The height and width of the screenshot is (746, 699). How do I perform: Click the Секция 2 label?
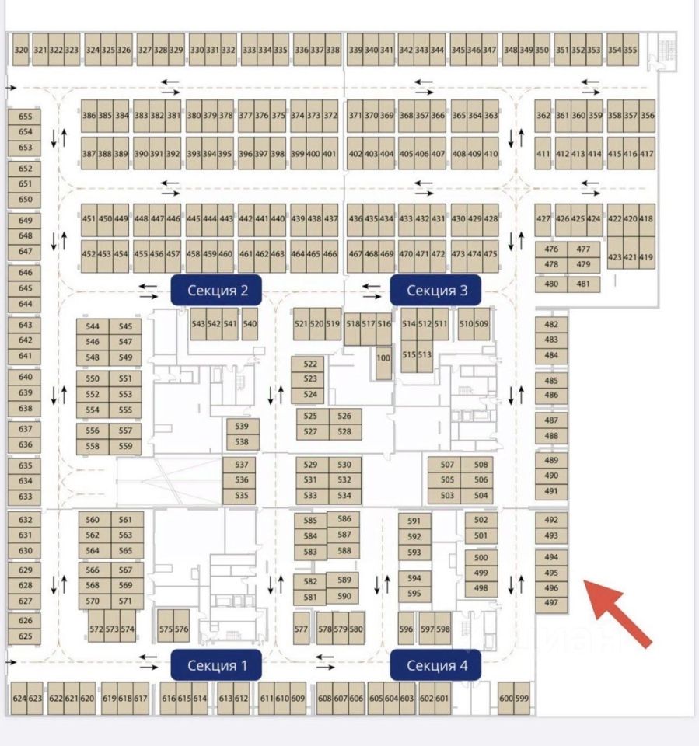click(x=217, y=291)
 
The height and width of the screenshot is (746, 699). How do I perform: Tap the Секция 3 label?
click(x=437, y=291)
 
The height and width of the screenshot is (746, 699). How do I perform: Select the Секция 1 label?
click(x=217, y=665)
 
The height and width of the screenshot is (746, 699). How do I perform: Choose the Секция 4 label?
click(x=436, y=665)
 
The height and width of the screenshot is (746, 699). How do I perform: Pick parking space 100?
click(x=383, y=358)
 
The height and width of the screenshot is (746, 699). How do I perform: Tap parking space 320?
click(x=21, y=50)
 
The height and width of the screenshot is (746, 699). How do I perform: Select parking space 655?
click(x=26, y=117)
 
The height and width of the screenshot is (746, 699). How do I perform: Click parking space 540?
click(x=250, y=324)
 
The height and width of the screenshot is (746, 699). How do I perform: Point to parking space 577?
click(x=302, y=629)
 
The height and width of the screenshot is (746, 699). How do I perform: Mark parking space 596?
click(x=406, y=629)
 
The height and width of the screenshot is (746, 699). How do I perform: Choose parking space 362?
click(x=543, y=116)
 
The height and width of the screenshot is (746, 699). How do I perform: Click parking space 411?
click(x=543, y=154)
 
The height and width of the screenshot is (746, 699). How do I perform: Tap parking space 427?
click(x=543, y=219)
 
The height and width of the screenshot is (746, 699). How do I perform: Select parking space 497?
click(x=551, y=602)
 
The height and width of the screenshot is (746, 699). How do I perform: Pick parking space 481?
click(x=583, y=284)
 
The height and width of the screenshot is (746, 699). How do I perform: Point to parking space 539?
click(x=242, y=426)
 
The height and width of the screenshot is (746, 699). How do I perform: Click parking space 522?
click(x=310, y=364)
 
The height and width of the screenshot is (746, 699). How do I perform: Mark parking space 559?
click(x=125, y=446)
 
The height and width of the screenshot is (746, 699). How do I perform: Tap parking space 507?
click(x=447, y=465)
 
